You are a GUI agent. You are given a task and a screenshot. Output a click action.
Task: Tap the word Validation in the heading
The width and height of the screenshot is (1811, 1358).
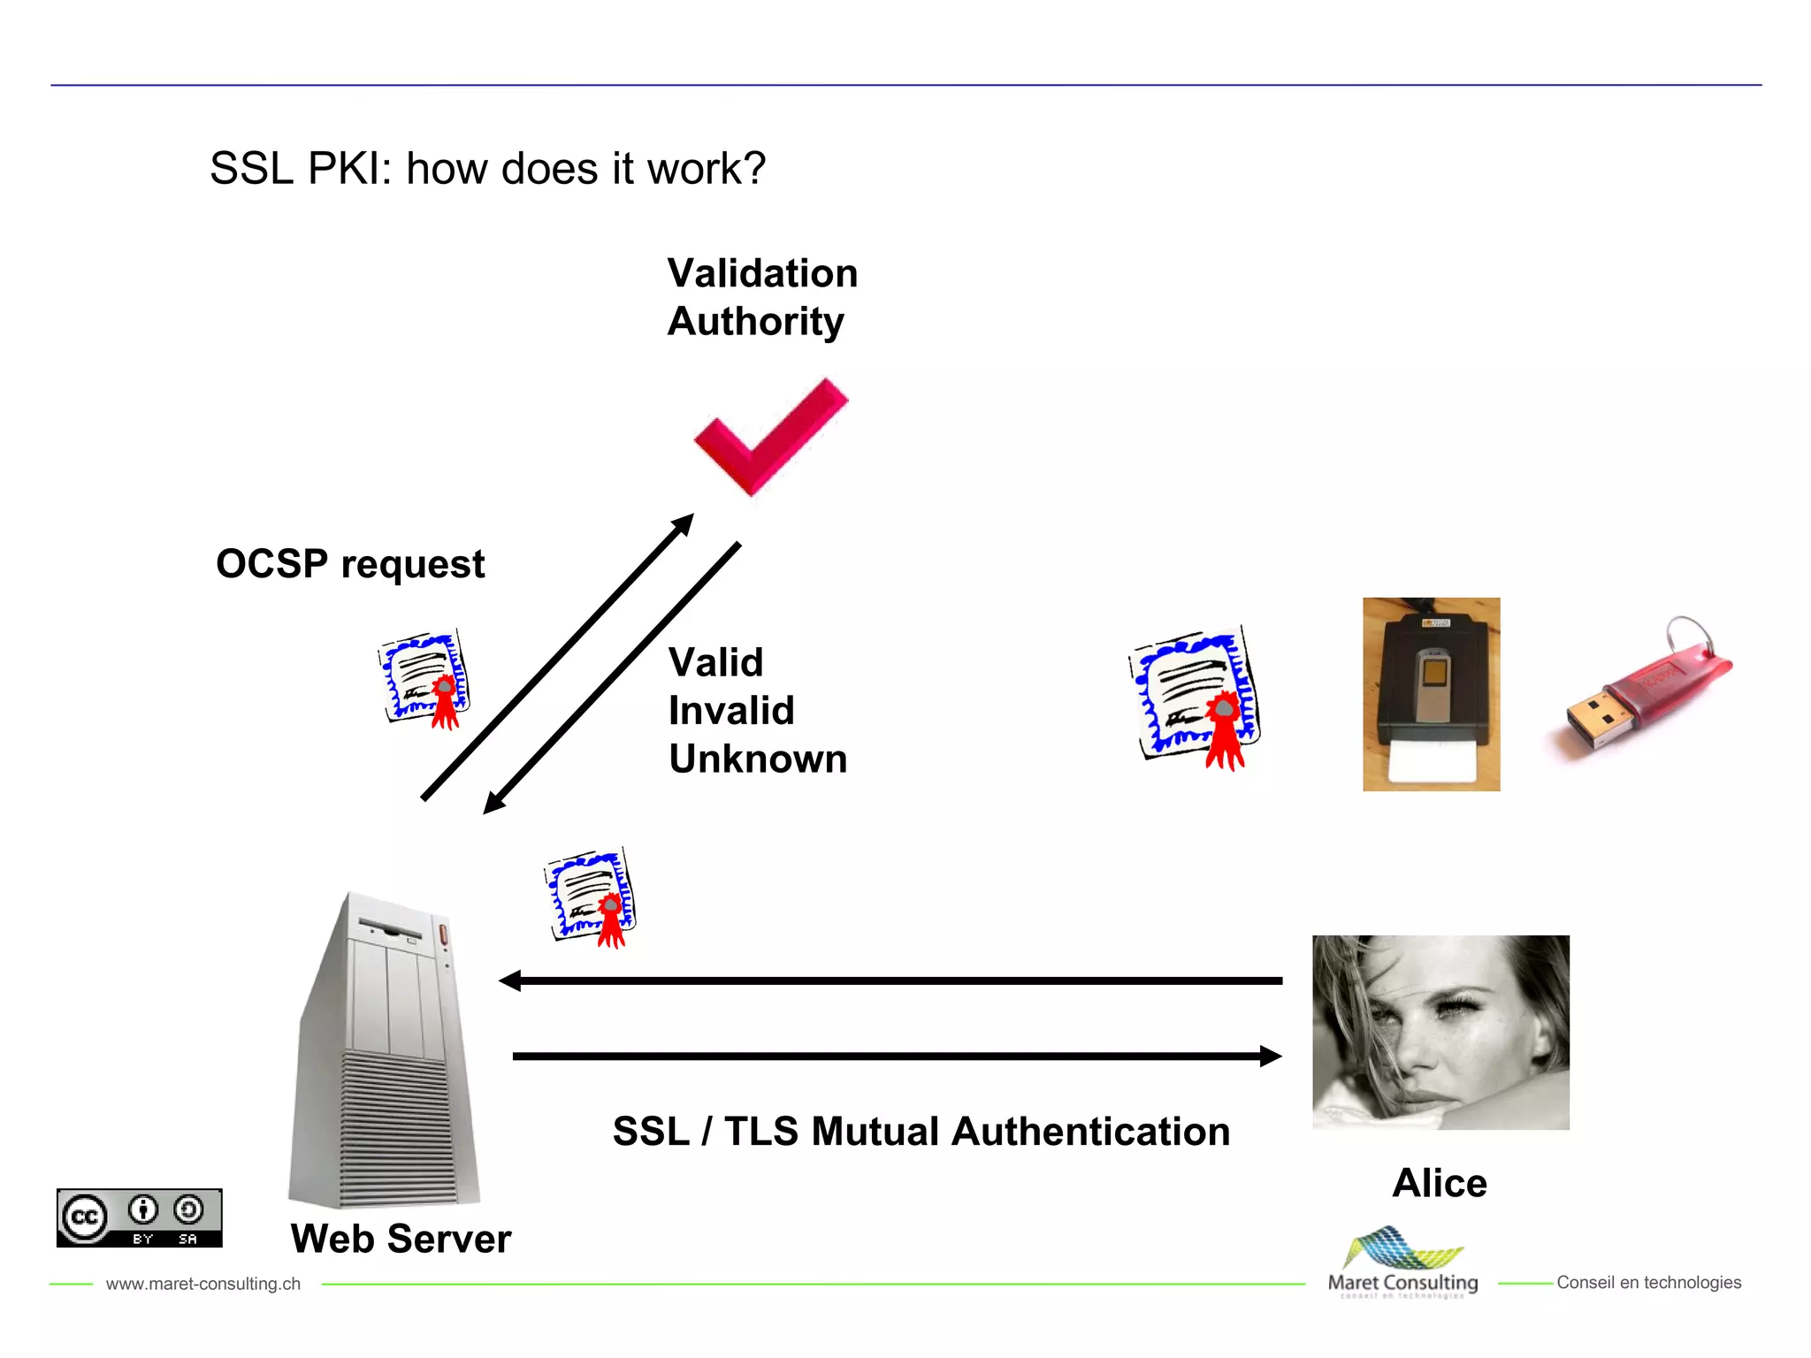pos(762,273)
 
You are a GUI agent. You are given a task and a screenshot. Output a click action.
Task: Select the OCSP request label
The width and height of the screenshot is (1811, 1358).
pos(350,564)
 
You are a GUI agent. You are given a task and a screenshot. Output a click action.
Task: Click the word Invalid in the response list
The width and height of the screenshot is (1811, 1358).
pos(731,711)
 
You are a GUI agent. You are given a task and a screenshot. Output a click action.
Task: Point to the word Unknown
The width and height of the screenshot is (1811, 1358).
pos(758,759)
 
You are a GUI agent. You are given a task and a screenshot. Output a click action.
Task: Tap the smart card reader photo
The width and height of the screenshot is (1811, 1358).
pos(1431,694)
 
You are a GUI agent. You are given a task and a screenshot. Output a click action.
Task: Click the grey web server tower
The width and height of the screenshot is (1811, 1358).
pos(386,1052)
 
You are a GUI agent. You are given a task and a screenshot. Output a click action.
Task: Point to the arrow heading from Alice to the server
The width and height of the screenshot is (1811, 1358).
pos(889,980)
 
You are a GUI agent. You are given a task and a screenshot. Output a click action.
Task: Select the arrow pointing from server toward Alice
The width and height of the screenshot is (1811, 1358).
pos(895,1056)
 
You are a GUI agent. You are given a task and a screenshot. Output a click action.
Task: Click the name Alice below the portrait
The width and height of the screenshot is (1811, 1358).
pos(1439,1183)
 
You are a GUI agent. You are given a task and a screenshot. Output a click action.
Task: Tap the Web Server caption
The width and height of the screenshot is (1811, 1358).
pos(401,1239)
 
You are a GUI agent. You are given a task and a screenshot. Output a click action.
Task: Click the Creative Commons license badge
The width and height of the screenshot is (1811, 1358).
pos(139,1217)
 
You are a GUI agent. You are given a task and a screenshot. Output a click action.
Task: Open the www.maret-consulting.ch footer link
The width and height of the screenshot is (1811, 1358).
pos(202,1284)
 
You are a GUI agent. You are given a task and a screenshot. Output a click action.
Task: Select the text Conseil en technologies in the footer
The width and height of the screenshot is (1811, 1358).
pos(1648,1283)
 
